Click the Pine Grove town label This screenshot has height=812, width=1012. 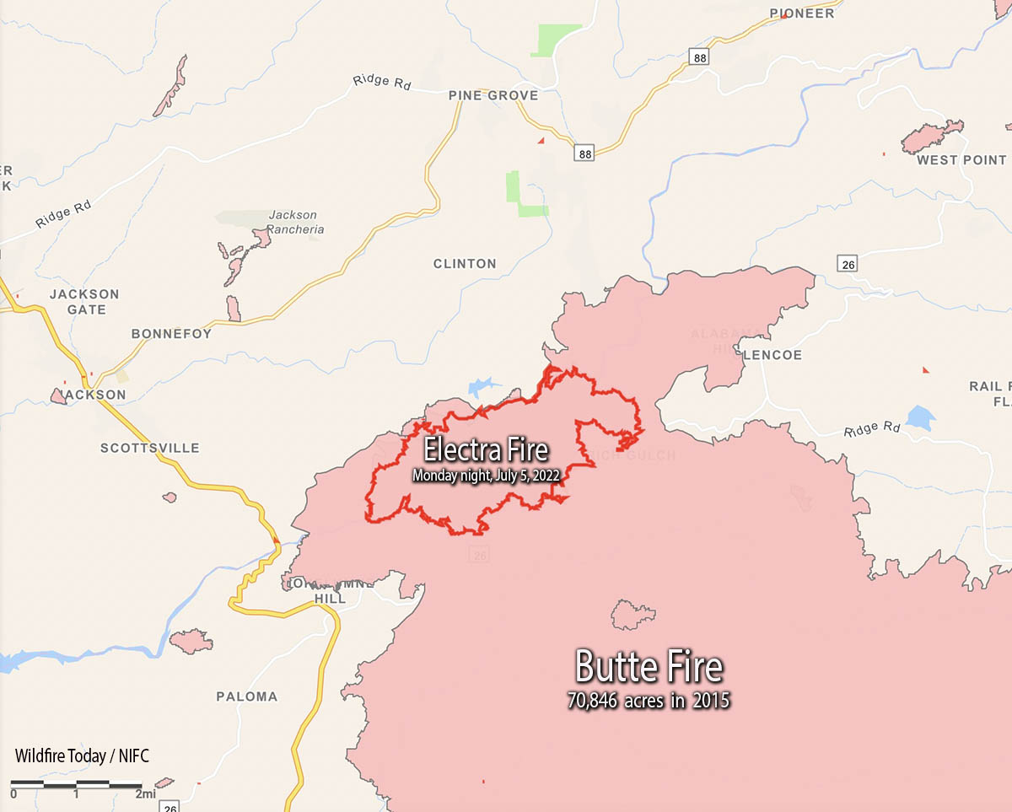[493, 96]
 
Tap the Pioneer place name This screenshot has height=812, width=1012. [802, 13]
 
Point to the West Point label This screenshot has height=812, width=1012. [961, 160]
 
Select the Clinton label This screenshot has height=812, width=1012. [465, 264]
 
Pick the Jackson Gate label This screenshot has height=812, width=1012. [84, 302]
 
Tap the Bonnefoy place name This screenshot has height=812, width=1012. [171, 334]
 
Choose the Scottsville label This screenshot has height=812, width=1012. [150, 448]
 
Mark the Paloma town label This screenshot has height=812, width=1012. [246, 696]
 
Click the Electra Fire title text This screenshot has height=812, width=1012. [486, 449]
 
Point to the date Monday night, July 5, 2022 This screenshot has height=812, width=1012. [486, 476]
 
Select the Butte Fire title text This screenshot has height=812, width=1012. [649, 667]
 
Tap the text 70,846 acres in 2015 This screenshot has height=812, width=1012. [649, 701]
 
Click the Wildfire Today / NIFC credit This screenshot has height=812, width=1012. [82, 756]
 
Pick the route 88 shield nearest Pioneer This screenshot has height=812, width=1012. [698, 57]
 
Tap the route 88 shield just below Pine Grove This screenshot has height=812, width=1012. [585, 153]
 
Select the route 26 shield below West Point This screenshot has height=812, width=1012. [848, 264]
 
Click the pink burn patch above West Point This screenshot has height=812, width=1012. [931, 135]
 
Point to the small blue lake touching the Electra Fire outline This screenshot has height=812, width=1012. [478, 387]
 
